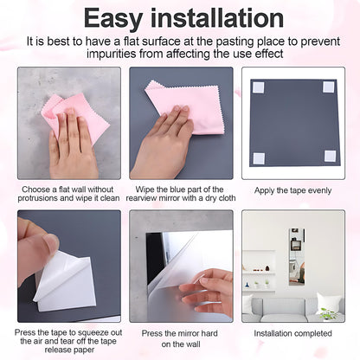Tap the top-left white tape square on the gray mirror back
258,87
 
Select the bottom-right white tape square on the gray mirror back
330,157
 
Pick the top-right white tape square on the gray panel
329,87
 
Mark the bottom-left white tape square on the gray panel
258,157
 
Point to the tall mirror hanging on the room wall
296,256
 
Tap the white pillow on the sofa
328,303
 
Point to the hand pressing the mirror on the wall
210,291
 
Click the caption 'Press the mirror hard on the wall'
181,337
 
